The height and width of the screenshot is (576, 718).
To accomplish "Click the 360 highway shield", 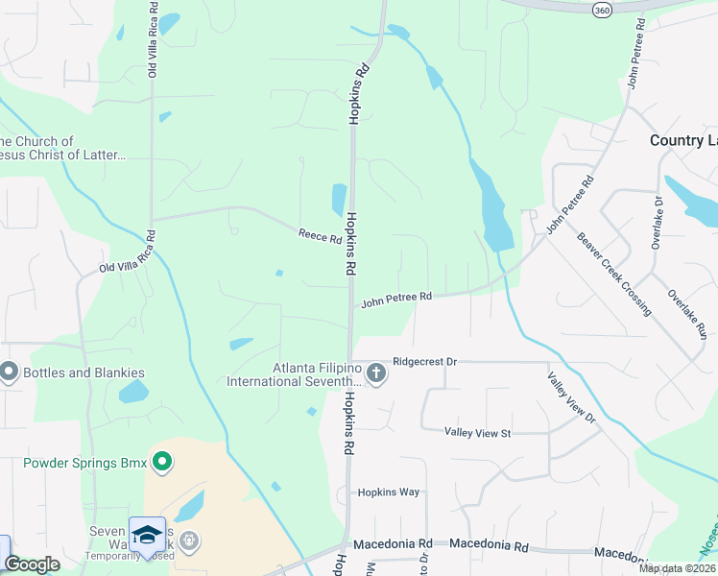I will pos(602,8).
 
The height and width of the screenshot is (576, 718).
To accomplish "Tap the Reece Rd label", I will pos(320,235).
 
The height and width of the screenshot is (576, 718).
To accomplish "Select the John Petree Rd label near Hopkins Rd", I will pos(396,301).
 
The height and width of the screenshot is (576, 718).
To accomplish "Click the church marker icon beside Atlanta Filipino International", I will pos(376,372).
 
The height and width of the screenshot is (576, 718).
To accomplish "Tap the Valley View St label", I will pos(478,433).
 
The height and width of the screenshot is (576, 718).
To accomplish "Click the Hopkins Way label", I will pos(389,492).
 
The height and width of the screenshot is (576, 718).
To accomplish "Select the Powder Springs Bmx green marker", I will pos(162,464).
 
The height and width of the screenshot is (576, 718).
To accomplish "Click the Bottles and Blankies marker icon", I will pos(10,371).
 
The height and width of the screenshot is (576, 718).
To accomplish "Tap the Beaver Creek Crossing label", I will pos(614,275).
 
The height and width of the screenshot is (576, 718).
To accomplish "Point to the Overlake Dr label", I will pos(658,223).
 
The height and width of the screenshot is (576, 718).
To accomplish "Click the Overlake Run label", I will pos(687,315).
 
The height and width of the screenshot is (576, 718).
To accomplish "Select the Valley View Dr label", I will pos(572,399).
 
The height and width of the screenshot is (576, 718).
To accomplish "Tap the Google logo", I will pos(32,564).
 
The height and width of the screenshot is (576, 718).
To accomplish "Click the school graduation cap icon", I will pos(147,534).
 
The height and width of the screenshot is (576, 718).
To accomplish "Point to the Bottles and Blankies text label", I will pos(85,372).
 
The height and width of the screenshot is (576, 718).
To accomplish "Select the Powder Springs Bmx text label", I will pos(85,464).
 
